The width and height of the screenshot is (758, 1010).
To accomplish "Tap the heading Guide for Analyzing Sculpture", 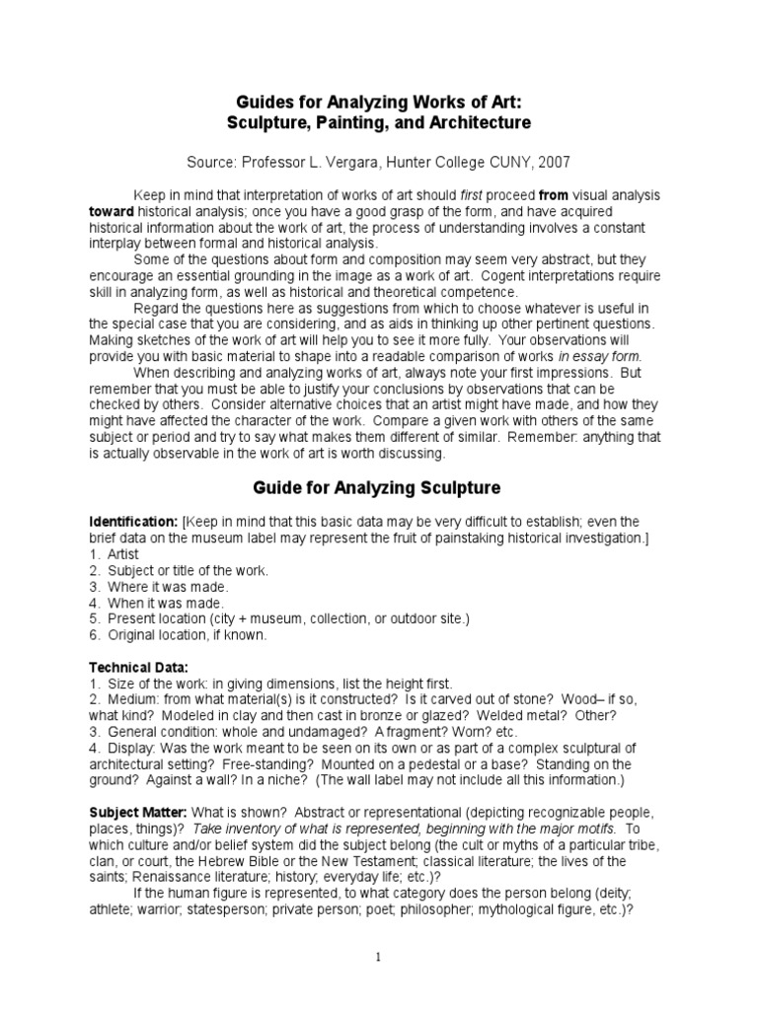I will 378,487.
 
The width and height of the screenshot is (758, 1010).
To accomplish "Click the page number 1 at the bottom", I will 377,956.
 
